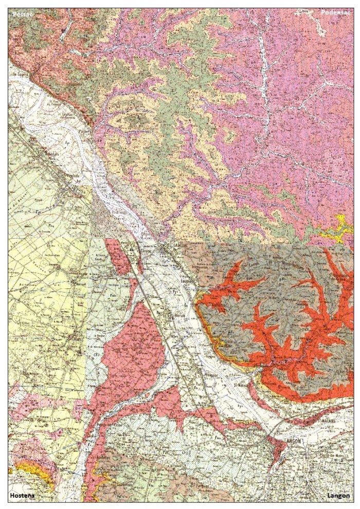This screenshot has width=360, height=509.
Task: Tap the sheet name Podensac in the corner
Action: pos(335,12)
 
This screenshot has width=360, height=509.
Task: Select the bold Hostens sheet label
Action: pos(24,496)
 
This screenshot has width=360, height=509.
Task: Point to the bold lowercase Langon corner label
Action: pos(338,496)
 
